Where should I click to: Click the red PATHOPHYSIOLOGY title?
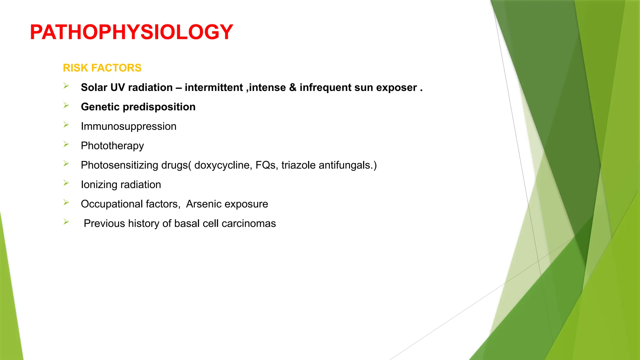tap(131, 32)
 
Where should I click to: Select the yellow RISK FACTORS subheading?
tap(102, 68)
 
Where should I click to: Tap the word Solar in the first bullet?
tap(94, 87)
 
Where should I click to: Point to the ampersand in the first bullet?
tap(293, 87)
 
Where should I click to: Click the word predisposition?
tap(159, 107)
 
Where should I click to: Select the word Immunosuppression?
tap(128, 127)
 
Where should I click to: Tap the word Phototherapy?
tap(112, 146)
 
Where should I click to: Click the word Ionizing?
tap(99, 185)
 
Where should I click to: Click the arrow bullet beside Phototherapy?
tap(66, 144)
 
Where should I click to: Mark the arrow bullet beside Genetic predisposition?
tap(66, 105)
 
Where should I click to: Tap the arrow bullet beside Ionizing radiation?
tap(66, 183)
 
